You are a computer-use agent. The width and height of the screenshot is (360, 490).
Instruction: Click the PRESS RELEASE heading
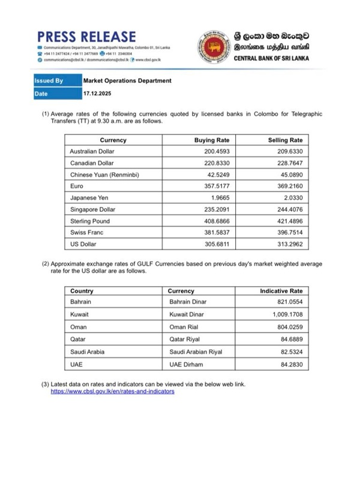pyautogui.click(x=86, y=37)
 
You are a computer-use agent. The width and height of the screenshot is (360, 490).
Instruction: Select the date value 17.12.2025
pyautogui.click(x=97, y=94)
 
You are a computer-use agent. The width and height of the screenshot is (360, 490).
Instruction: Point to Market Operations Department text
pyautogui.click(x=127, y=80)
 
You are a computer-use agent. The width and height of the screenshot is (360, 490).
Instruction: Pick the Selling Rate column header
pyautogui.click(x=285, y=140)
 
